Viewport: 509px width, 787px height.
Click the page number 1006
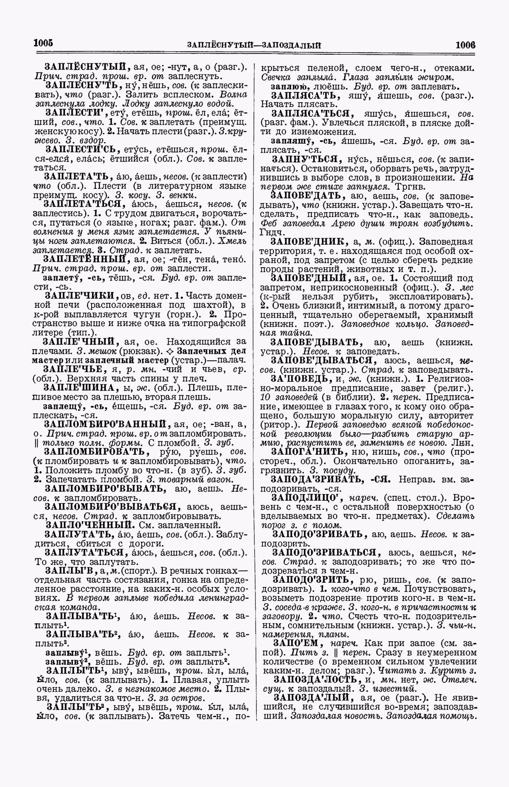pos(465,45)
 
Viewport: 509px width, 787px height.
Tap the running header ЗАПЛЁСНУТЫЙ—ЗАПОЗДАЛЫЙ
pos(254,45)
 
